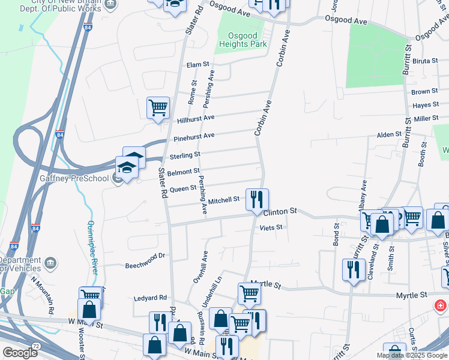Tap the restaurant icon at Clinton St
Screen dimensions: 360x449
point(257,200)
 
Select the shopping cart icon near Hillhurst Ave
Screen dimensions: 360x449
point(158,109)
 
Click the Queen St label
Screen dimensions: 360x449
point(183,188)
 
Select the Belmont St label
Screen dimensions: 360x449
point(183,172)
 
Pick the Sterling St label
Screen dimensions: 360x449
point(184,155)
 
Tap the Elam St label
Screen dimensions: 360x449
point(197,65)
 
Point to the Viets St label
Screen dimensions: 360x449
point(271,228)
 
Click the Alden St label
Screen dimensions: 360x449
point(388,134)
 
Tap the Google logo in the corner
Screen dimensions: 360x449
point(20,353)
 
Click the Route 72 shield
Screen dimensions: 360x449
point(35,347)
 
